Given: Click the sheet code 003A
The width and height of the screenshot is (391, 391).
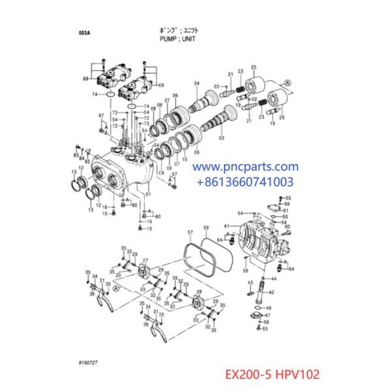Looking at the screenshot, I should tap(84, 31).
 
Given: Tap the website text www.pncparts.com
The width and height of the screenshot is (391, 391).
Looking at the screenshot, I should tap(245, 168).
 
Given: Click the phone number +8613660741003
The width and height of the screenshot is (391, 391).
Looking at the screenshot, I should tap(245, 182).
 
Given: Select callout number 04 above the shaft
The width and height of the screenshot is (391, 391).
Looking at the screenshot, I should tap(196, 83).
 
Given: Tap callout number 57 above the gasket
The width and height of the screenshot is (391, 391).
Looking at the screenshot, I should tap(190, 233).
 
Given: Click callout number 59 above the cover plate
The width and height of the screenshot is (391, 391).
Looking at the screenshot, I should tap(205, 229).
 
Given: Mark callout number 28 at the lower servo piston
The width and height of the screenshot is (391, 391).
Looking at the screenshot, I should tap(198, 292).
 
